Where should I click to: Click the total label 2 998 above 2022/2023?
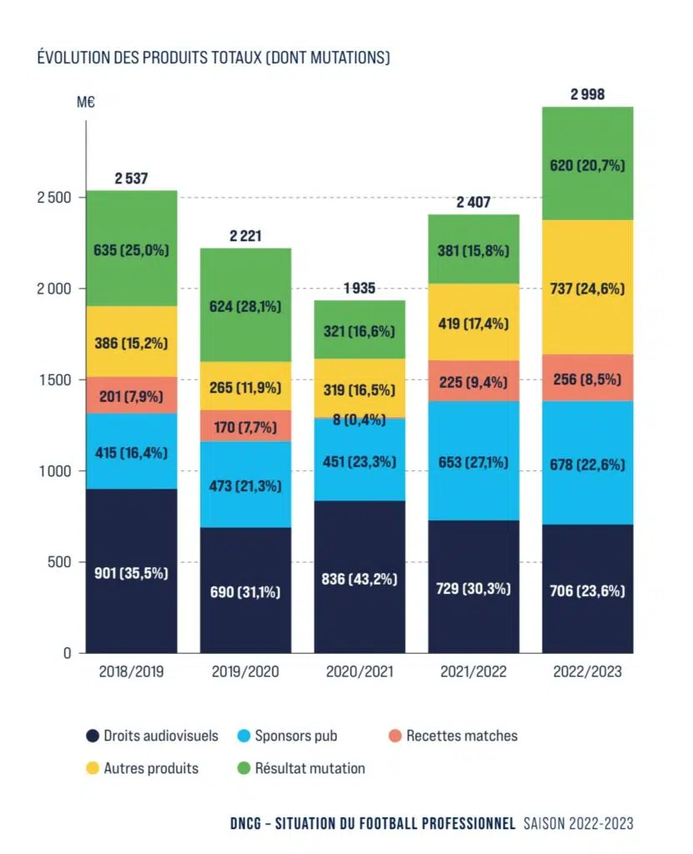[587, 94]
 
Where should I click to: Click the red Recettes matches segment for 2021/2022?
[473, 380]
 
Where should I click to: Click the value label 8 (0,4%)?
[359, 420]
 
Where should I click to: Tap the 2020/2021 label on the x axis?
[359, 672]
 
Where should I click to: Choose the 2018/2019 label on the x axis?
[132, 672]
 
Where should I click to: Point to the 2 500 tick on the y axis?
[58, 198]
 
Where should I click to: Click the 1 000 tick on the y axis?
[58, 471]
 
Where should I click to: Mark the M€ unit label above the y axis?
[88, 103]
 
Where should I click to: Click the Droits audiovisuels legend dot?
[93, 736]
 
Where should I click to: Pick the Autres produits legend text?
[151, 768]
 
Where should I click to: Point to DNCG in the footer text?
[249, 823]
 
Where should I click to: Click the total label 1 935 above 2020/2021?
[359, 289]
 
